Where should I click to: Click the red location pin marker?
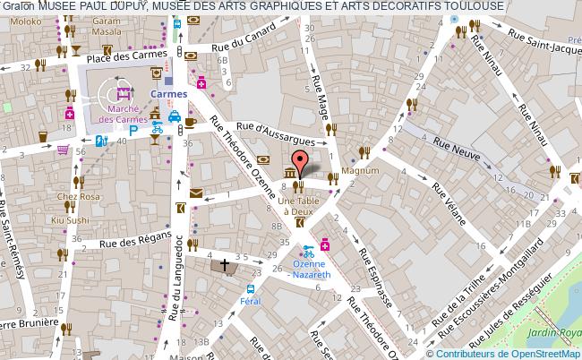302,160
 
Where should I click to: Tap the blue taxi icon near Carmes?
176,118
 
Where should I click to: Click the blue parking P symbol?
134,130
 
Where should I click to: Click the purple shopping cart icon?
63,150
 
